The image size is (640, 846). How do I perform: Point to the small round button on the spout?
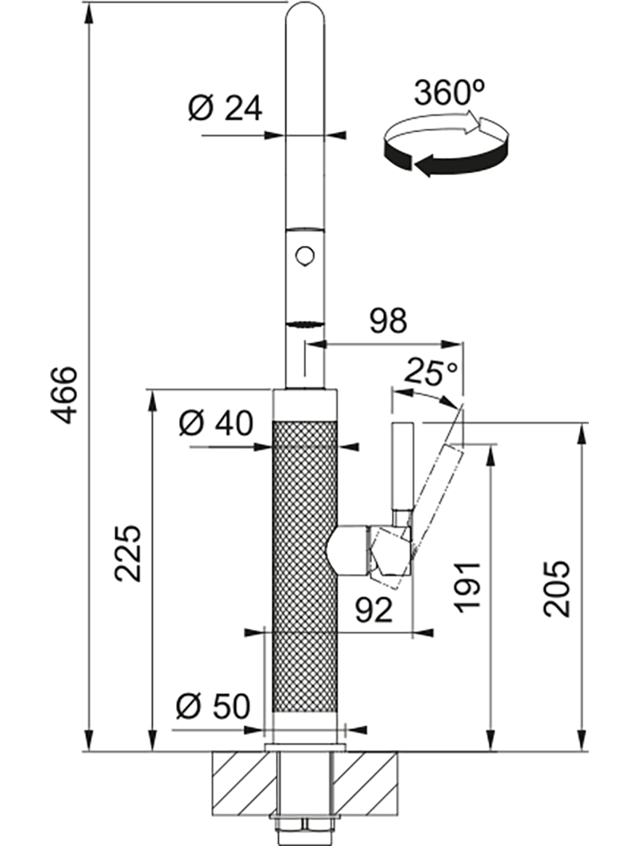tap(303, 256)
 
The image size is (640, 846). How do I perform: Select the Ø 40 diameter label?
tap(215, 421)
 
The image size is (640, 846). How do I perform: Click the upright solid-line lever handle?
tap(401, 468)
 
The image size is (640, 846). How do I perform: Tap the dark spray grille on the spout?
tap(305, 324)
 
